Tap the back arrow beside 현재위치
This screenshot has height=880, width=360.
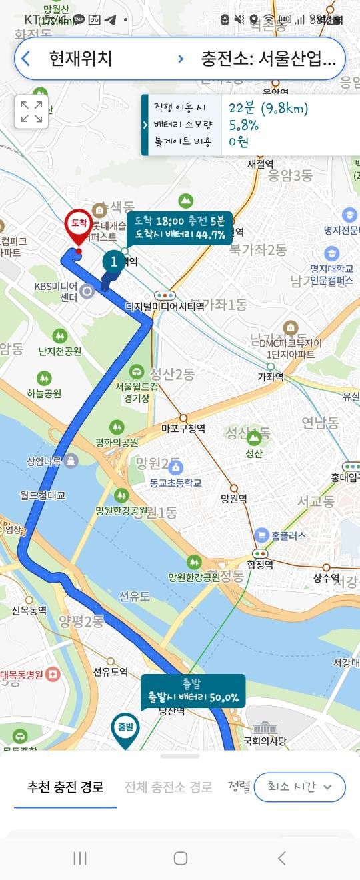click(26, 59)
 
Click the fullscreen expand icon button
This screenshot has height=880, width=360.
click(31, 111)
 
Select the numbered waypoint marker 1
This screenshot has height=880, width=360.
click(114, 262)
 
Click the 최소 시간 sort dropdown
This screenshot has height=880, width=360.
click(299, 787)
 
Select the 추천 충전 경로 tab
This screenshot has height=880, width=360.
click(65, 787)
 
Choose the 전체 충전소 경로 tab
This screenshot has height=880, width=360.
click(168, 787)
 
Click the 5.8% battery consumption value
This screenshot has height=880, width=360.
click(243, 125)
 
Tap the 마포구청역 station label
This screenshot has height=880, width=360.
click(183, 429)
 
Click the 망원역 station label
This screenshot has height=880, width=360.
click(234, 498)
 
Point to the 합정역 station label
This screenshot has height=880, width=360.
click(260, 565)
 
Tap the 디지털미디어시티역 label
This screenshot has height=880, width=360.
click(165, 307)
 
